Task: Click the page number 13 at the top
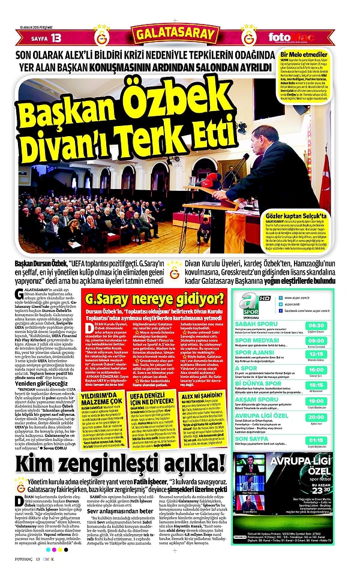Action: pyautogui.click(x=56, y=38)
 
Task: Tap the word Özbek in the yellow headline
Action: pyautogui.click(x=174, y=97)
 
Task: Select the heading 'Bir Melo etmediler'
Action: pyautogui.click(x=302, y=55)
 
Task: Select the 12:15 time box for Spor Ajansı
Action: pyautogui.click(x=332, y=354)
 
